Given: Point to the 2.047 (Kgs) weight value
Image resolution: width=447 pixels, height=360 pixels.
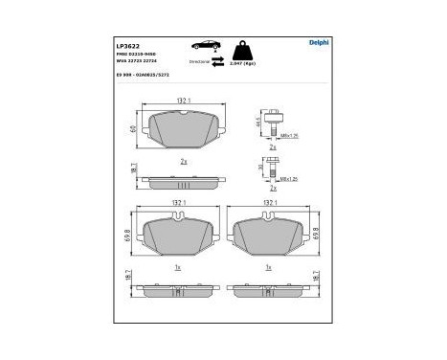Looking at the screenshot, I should [x=243, y=62].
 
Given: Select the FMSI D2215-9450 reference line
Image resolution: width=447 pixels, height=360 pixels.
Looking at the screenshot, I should [x=127, y=56].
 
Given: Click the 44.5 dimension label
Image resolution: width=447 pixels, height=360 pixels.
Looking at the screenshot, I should [x=257, y=121].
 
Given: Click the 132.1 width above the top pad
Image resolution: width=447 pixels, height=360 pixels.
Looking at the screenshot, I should [x=182, y=99].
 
